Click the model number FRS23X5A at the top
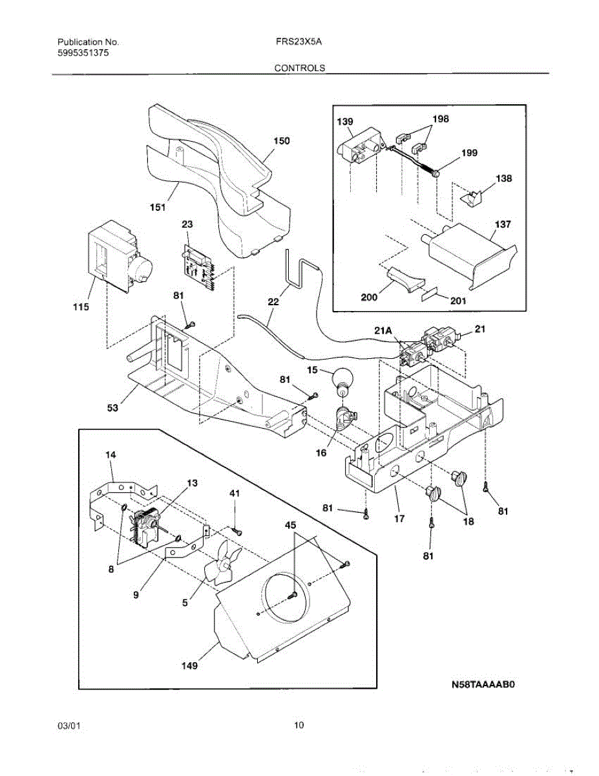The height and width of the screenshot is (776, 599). coord(299,42)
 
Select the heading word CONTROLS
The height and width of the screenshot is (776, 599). coord(300,68)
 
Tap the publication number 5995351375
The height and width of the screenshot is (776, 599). coord(83,53)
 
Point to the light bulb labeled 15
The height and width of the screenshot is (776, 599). coord(343,383)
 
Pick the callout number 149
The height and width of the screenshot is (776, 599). coord(189,665)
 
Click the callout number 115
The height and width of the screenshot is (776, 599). coord(81,307)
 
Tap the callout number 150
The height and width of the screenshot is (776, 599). coord(282,141)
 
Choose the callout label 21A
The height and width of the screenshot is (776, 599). coord(383,331)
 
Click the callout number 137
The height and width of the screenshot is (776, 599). coord(503,224)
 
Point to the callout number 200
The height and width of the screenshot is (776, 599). coord(369,297)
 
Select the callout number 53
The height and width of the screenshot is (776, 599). coord(112,407)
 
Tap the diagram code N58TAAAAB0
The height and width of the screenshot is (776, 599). coord(483,685)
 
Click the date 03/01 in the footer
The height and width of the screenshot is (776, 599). coord(68,726)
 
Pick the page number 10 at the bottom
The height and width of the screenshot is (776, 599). coord(299,726)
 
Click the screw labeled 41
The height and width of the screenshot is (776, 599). coord(237,532)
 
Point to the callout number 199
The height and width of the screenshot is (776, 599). coord(469,153)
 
